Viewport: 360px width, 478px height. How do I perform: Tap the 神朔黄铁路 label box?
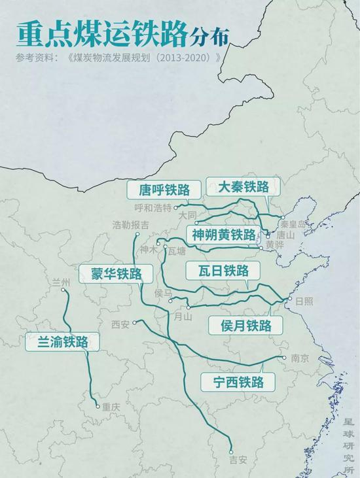(223, 235)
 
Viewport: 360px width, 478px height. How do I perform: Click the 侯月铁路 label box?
(245, 326)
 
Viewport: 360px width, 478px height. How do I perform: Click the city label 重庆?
(111, 406)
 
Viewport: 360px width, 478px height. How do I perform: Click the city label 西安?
(120, 324)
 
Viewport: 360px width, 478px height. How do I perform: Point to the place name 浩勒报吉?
(130, 225)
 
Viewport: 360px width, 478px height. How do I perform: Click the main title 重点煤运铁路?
(101, 33)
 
